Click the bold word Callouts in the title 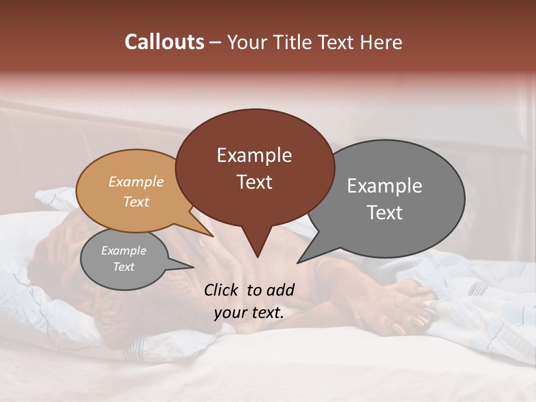coord(164,42)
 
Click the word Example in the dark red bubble coord(254,155)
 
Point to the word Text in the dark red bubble coord(254,182)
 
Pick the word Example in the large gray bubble coord(385,185)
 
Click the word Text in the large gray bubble coord(385,213)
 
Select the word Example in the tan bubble coord(136,181)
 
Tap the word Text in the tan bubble coord(136,202)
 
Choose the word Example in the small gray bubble coord(123,251)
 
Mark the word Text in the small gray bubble coord(123,267)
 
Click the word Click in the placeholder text coord(222,290)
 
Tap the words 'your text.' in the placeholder coord(249,313)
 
